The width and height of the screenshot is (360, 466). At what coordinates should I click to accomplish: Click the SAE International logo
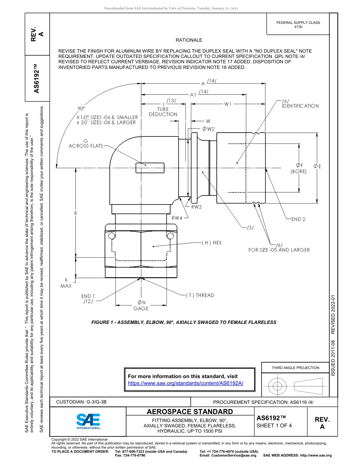click(x=88, y=421)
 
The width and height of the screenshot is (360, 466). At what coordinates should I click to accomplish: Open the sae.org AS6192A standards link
click(x=185, y=383)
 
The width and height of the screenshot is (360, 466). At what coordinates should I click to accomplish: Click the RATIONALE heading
click(x=189, y=40)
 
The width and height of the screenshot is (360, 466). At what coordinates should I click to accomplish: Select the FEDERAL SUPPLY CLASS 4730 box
click(x=298, y=25)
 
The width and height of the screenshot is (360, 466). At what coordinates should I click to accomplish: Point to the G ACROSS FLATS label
click(x=85, y=143)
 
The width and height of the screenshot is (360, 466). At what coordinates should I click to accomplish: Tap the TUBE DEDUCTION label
click(x=163, y=112)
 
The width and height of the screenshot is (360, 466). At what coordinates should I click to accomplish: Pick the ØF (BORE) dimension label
click(x=299, y=168)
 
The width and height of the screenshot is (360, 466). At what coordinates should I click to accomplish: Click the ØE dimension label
click(x=317, y=166)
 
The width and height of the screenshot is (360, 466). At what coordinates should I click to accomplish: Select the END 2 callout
click(x=298, y=219)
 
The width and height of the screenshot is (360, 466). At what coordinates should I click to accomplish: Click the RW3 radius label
click(x=196, y=207)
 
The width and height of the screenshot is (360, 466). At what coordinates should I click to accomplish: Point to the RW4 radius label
click(x=177, y=218)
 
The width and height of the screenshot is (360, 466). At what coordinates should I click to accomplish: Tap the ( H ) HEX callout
click(x=212, y=242)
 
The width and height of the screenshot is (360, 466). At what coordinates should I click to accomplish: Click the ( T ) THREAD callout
click(x=200, y=295)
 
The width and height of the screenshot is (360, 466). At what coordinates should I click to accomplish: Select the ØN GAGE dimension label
click(x=141, y=305)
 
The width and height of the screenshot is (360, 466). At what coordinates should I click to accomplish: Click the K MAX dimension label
click(x=66, y=283)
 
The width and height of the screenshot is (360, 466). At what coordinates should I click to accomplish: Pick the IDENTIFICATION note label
click(x=300, y=106)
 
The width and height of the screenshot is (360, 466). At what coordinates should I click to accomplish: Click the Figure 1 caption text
click(x=184, y=322)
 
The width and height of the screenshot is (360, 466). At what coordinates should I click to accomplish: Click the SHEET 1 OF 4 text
click(x=274, y=425)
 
